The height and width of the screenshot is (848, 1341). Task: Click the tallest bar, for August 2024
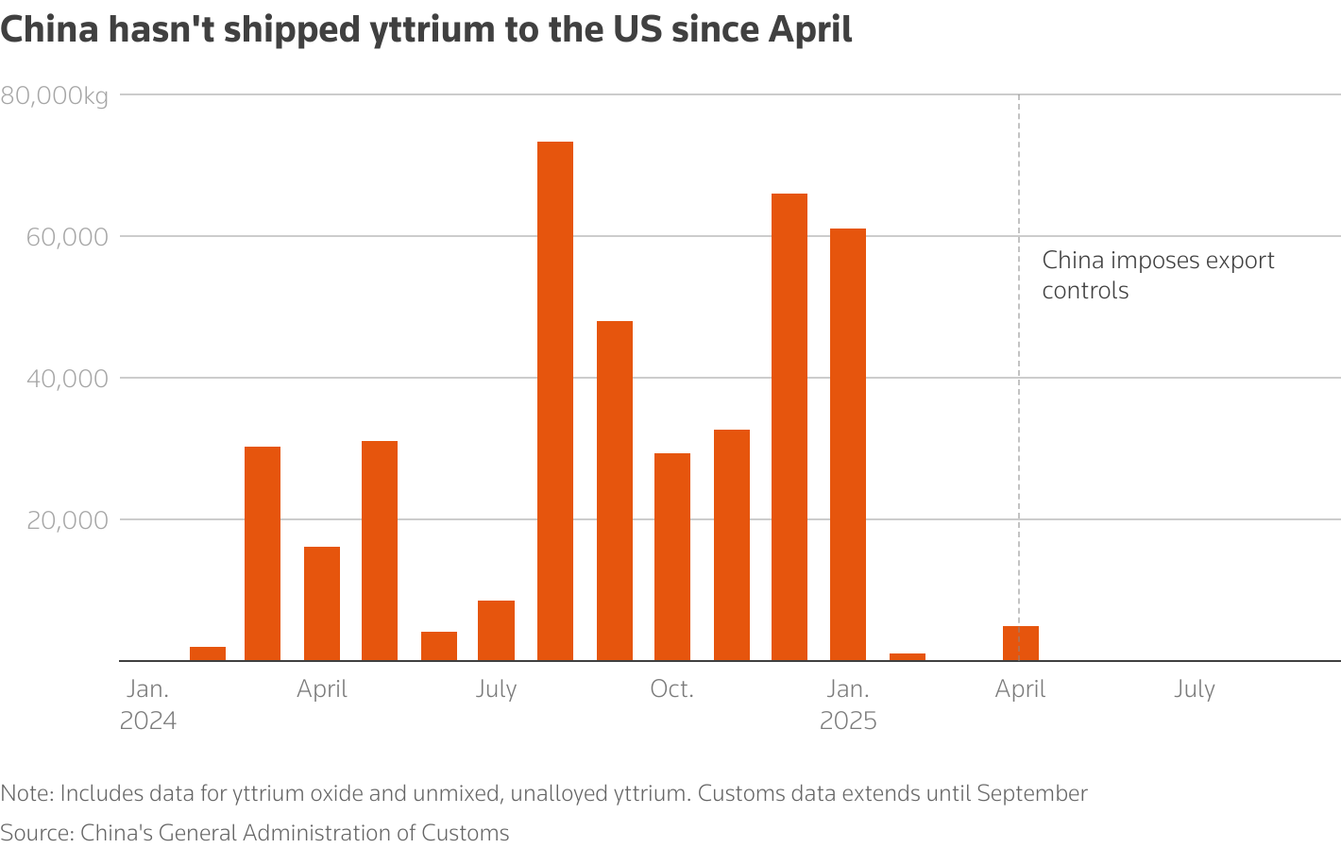[555, 401]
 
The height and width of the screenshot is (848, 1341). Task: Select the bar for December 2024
[789, 427]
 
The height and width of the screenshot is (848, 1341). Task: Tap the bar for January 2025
[848, 444]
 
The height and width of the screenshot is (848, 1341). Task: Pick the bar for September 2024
[615, 491]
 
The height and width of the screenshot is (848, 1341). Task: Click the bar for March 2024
[263, 553]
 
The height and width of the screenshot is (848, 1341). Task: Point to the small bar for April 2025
[1021, 643]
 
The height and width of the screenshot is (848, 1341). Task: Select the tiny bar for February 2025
[908, 656]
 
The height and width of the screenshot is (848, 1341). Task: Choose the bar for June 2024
[439, 646]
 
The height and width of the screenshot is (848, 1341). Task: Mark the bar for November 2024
[732, 545]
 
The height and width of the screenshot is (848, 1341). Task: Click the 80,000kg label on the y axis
[55, 96]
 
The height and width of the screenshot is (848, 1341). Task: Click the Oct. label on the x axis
[671, 689]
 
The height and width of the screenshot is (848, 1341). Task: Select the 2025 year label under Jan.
[848, 721]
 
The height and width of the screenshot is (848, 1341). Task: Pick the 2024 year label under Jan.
[148, 721]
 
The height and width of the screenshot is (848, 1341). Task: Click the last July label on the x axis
[1195, 689]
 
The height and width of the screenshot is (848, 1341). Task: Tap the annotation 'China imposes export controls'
[1158, 275]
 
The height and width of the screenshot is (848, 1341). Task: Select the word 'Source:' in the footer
[37, 833]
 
